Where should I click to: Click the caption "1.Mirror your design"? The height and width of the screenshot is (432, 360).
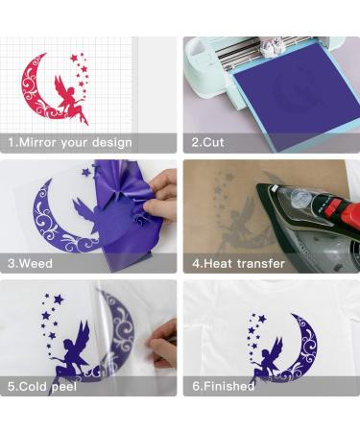pos(70,142)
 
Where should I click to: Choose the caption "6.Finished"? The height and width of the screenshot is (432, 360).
pos(223,386)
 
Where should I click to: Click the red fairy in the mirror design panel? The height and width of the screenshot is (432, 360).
pos(73,96)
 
